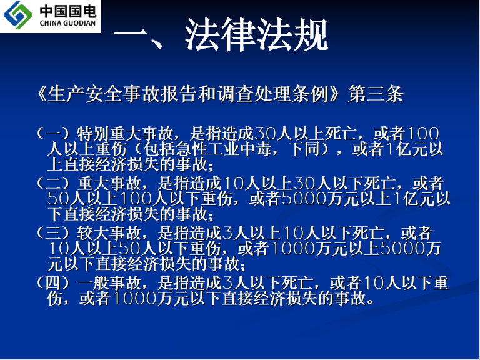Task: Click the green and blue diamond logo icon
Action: point(17,15)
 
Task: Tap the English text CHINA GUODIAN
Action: point(67,23)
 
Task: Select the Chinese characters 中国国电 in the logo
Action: point(68,11)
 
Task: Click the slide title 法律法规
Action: point(257,34)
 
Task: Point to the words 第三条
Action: point(376,94)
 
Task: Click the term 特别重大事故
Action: point(125,133)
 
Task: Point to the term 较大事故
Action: point(109,233)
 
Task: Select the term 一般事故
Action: point(109,283)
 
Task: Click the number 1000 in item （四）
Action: point(134,299)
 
